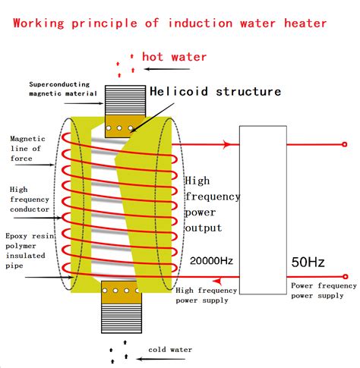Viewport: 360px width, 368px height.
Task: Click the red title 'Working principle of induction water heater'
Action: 170,22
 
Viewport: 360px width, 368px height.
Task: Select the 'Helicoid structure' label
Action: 215,92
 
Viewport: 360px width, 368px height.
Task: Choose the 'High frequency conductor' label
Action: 30,199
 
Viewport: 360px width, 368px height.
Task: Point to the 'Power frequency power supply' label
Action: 321,291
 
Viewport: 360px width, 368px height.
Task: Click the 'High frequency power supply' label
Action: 206,294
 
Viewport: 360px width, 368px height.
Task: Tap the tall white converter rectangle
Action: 262,209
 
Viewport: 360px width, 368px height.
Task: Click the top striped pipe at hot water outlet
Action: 121,100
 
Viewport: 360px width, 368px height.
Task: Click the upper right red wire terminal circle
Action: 345,144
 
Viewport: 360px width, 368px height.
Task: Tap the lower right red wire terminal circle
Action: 345,277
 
